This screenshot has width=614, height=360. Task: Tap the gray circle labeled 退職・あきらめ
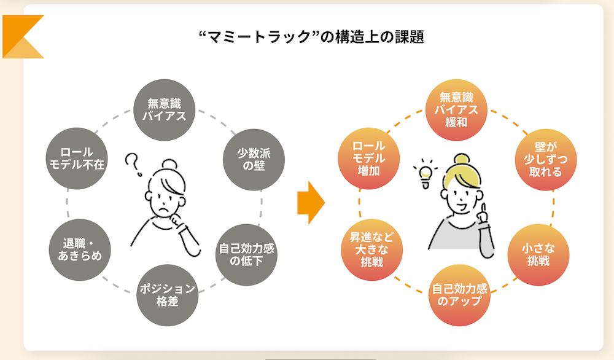77,248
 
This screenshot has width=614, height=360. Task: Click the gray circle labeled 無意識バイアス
164,109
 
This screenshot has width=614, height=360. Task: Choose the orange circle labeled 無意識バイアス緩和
457,109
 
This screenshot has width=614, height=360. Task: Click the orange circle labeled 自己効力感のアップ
457,295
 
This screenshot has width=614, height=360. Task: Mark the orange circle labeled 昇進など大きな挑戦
371,248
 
